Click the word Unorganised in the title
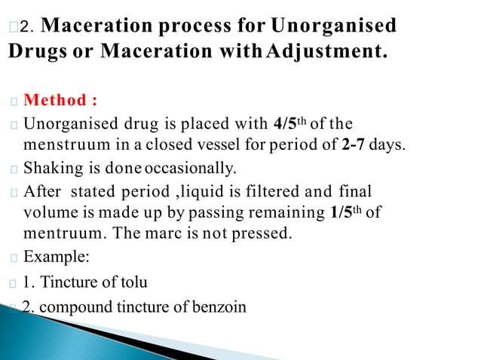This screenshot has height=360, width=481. click(333, 26)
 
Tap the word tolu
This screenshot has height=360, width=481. click(133, 282)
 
